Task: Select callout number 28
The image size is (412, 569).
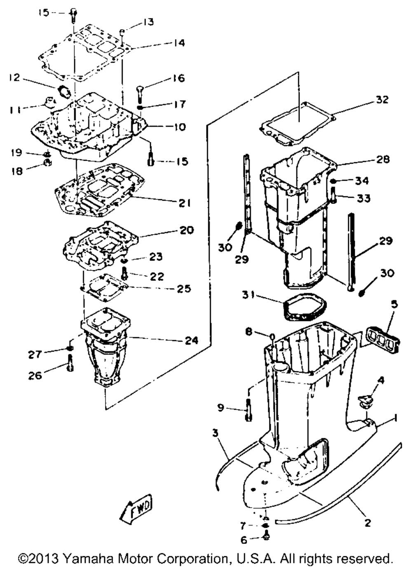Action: pyautogui.click(x=382, y=159)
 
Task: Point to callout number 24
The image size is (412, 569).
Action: pyautogui.click(x=191, y=340)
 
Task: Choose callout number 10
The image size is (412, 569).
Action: pyautogui.click(x=180, y=126)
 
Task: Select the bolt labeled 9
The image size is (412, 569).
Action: pyautogui.click(x=248, y=410)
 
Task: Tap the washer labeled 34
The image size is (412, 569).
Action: pyautogui.click(x=333, y=181)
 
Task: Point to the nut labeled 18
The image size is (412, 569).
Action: pyautogui.click(x=47, y=162)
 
